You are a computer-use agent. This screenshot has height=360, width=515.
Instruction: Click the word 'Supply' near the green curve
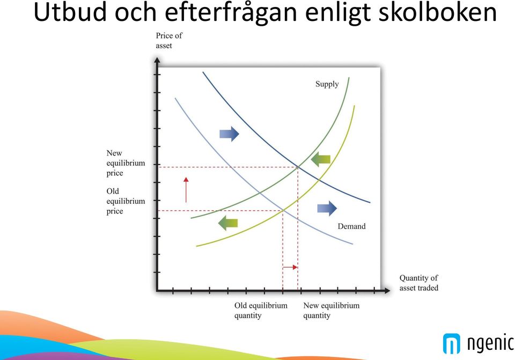tap(327, 84)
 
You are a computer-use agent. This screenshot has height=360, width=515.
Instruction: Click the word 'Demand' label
tap(351, 226)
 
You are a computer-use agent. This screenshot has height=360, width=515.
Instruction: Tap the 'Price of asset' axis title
tap(169, 40)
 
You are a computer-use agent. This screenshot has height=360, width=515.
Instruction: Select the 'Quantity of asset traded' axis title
tap(419, 283)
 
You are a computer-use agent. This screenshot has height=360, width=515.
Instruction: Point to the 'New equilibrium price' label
tap(126, 163)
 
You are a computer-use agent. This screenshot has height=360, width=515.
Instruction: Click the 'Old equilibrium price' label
tap(126, 201)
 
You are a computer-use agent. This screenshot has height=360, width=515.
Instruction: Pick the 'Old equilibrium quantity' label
tap(261, 311)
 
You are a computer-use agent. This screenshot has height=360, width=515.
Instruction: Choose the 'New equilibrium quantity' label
tap(331, 311)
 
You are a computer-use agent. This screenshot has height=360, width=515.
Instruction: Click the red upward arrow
tap(186, 190)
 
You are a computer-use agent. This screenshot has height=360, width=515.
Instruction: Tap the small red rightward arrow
tap(290, 267)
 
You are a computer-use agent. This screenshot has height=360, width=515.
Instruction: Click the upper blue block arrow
tap(229, 134)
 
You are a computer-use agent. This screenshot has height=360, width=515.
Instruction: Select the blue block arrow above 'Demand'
tap(327, 208)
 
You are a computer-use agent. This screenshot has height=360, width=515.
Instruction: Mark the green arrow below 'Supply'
tap(321, 159)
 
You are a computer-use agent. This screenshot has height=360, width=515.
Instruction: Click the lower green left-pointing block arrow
tap(228, 223)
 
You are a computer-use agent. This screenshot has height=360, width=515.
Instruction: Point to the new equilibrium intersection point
tap(298, 167)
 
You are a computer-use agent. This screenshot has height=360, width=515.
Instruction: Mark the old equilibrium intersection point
tap(283, 210)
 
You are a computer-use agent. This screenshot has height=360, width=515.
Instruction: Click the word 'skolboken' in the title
tap(438, 12)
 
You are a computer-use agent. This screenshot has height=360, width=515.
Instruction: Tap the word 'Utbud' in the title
tap(71, 12)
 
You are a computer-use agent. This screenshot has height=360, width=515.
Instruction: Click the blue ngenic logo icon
tap(452, 343)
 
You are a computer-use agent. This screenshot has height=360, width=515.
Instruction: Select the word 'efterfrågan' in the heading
tap(231, 13)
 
